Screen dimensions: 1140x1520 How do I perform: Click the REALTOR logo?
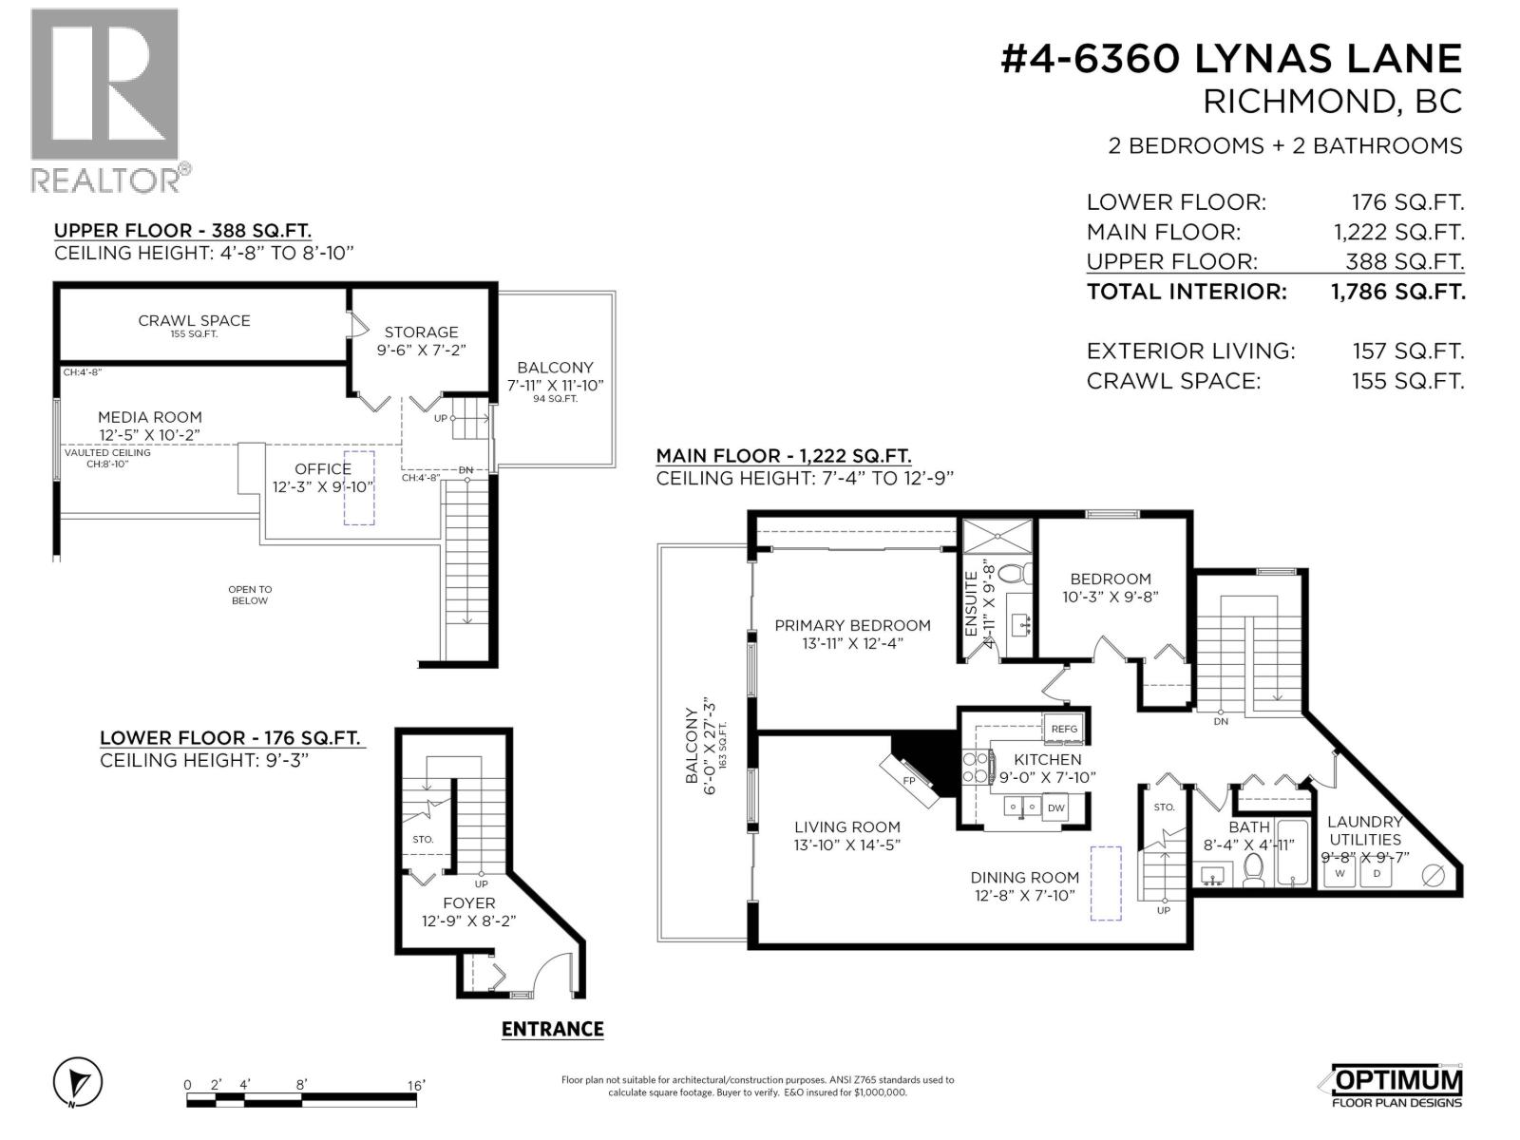[104, 99]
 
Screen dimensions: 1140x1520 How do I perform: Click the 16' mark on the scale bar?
[416, 1085]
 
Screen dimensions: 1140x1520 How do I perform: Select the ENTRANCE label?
[552, 1029]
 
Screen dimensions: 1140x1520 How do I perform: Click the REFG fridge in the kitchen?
[1064, 729]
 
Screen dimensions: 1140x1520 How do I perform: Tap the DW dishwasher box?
[1055, 808]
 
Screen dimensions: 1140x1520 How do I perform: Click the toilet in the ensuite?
[1016, 574]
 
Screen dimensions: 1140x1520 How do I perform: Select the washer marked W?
[1340, 873]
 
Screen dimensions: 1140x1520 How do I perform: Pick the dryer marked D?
[1377, 873]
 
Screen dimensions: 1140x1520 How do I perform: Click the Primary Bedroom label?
[852, 625]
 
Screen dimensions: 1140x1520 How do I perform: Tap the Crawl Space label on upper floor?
[194, 320]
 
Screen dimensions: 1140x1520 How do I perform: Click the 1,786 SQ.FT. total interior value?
[1398, 292]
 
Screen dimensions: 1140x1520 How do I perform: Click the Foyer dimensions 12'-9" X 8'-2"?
[468, 921]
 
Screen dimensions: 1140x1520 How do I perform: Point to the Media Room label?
[150, 417]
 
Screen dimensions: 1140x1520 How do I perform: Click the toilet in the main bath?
[1253, 869]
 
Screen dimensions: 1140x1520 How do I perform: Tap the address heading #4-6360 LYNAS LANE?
[1231, 59]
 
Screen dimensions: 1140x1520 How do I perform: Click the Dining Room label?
[1024, 878]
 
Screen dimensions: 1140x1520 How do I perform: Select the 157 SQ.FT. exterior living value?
[1408, 351]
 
